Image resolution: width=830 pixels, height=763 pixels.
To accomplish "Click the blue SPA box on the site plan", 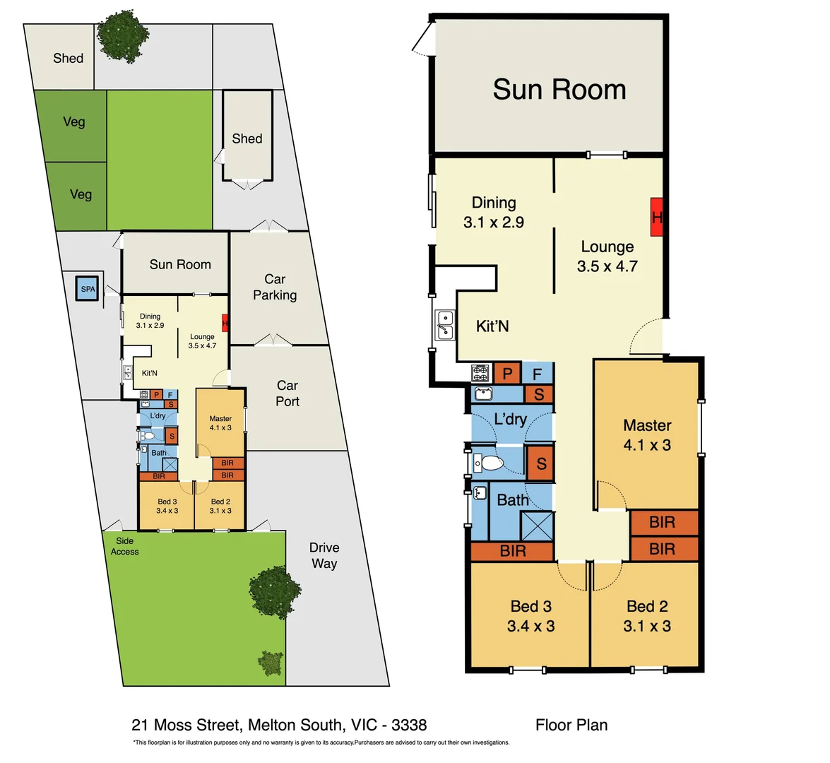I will tap(88, 288).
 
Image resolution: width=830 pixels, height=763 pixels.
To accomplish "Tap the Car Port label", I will tap(287, 394).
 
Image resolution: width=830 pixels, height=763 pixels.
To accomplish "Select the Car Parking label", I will tap(275, 287).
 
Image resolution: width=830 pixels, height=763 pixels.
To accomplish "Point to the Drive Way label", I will tap(324, 555).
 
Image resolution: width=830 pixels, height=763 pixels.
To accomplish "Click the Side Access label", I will tap(124, 546).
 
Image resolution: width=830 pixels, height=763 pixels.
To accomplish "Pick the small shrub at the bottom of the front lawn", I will tap(271, 663).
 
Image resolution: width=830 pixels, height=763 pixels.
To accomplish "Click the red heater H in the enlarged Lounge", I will tap(656, 217).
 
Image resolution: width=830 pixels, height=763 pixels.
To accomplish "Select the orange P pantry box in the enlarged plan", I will tap(507, 373).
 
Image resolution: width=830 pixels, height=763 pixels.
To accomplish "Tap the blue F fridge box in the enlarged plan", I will tap(538, 373).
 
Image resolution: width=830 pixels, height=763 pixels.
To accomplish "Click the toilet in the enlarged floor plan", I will tap(487, 463).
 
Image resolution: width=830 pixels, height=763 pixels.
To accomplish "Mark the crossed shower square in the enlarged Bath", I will tap(537, 526).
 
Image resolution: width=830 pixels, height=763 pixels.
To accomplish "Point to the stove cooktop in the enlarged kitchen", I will tap(480, 372).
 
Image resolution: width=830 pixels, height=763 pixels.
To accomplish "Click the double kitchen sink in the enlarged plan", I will tap(444, 325).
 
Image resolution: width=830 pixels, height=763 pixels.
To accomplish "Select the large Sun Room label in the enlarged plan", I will tap(559, 90).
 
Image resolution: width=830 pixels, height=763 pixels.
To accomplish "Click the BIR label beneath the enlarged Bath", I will tap(512, 551).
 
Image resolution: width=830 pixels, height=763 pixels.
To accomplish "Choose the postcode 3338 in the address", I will tap(409, 725).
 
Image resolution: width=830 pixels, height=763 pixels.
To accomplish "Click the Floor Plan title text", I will tap(571, 725).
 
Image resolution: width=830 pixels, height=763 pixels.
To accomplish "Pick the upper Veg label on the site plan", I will tap(74, 122).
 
